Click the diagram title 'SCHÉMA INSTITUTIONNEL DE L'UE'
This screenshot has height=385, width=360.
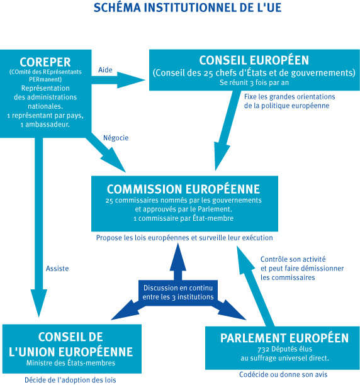tap(188, 8)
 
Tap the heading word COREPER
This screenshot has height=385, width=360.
tap(45, 62)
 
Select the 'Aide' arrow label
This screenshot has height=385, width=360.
tap(105, 70)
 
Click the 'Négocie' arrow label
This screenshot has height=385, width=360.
tap(116, 138)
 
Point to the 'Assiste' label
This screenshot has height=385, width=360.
tap(57, 269)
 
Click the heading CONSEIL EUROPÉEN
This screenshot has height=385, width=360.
tap(254, 60)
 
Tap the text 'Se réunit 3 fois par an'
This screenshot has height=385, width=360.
tap(254, 83)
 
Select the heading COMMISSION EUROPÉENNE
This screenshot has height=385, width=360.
tap(183, 189)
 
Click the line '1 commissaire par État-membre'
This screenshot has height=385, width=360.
tap(183, 218)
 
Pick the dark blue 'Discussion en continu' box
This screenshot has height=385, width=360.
tap(178, 293)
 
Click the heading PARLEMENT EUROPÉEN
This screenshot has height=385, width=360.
tap(284, 338)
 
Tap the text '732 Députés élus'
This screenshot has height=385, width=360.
tap(285, 349)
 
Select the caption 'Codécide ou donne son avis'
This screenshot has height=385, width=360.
tap(283, 375)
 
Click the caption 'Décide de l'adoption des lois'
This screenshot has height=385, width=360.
tap(70, 380)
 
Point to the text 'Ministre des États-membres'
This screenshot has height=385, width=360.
tap(70, 363)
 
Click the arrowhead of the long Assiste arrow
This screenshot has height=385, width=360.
tap(39, 303)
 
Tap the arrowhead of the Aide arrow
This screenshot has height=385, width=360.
tap(132, 80)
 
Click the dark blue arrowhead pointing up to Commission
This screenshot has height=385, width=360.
tap(177, 257)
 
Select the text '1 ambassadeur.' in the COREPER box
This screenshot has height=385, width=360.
tap(45, 125)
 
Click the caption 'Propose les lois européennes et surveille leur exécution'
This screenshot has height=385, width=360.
tap(184, 238)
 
